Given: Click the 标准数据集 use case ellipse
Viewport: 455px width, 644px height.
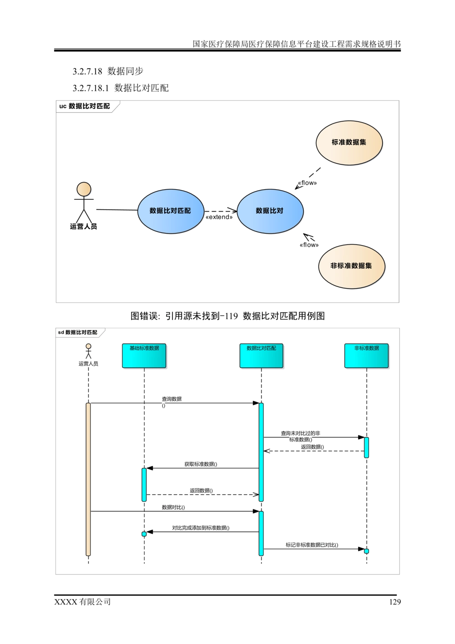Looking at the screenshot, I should [x=349, y=142].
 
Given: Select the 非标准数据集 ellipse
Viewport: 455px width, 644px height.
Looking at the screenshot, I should [x=351, y=266].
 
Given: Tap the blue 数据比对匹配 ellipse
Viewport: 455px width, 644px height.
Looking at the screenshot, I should [x=171, y=211].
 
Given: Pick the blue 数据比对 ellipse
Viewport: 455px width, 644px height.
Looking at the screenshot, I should [x=270, y=211].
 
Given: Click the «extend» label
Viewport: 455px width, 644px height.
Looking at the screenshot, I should [x=219, y=217].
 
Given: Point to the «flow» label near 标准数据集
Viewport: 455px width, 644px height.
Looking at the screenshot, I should [x=308, y=183].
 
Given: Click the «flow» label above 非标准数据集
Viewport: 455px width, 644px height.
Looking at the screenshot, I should [x=309, y=245].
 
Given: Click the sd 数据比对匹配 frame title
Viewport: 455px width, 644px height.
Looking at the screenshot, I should [x=78, y=333].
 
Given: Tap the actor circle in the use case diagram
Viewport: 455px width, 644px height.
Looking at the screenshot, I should [x=84, y=189].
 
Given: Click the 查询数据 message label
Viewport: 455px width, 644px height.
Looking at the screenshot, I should [x=171, y=400].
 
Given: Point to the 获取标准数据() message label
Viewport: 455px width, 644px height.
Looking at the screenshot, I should [x=201, y=464].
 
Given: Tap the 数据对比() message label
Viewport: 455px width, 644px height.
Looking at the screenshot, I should [x=173, y=507].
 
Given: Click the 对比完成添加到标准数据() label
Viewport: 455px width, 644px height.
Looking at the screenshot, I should [x=200, y=528].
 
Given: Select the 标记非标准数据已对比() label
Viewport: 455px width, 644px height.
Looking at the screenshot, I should [x=312, y=545].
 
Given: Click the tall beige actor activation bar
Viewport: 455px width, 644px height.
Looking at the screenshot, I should [x=88, y=479].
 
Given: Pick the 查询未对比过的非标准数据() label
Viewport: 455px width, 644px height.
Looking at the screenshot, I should [x=301, y=436].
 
